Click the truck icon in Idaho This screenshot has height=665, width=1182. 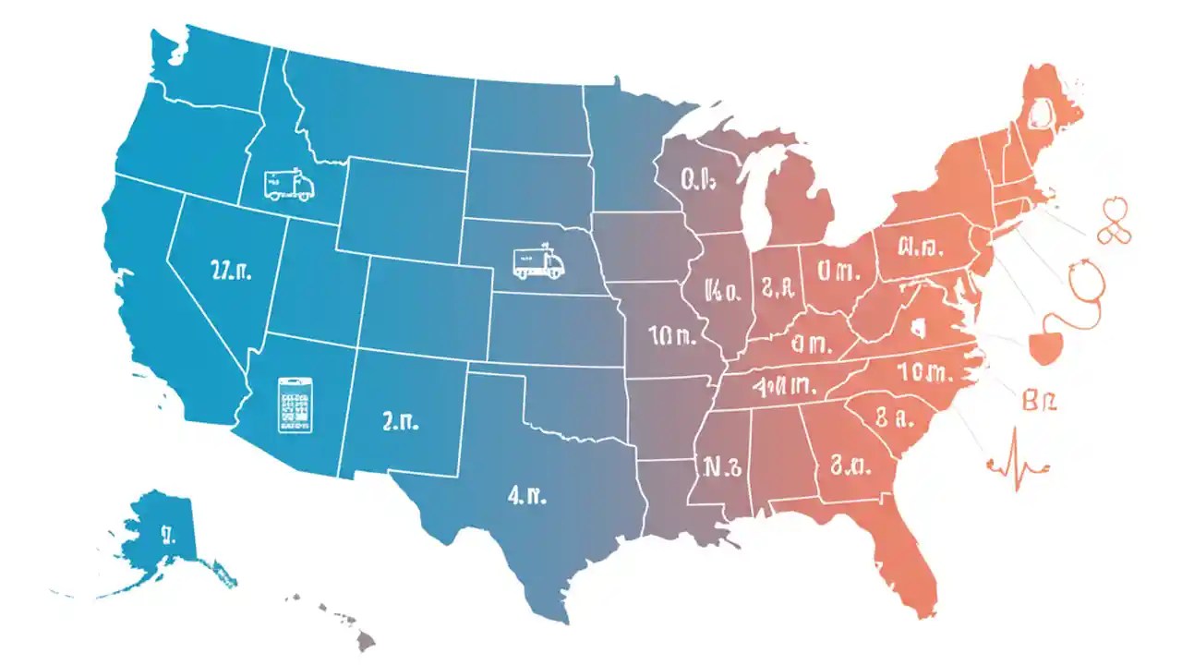tap(288, 185)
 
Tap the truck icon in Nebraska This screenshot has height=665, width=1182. tap(538, 262)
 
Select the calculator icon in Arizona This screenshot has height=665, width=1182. tap(295, 405)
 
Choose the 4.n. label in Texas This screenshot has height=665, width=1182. tap(527, 495)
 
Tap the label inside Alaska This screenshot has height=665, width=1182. tap(167, 533)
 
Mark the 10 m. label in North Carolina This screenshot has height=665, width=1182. tap(923, 372)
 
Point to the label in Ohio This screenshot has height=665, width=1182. tap(838, 272)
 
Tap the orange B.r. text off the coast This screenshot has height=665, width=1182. tap(1042, 401)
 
